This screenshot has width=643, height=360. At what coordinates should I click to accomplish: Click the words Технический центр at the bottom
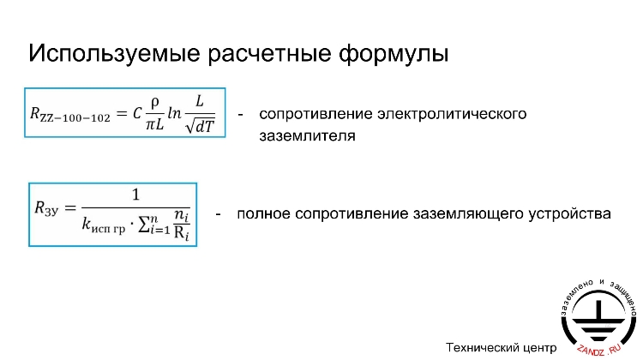[x=496, y=347]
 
